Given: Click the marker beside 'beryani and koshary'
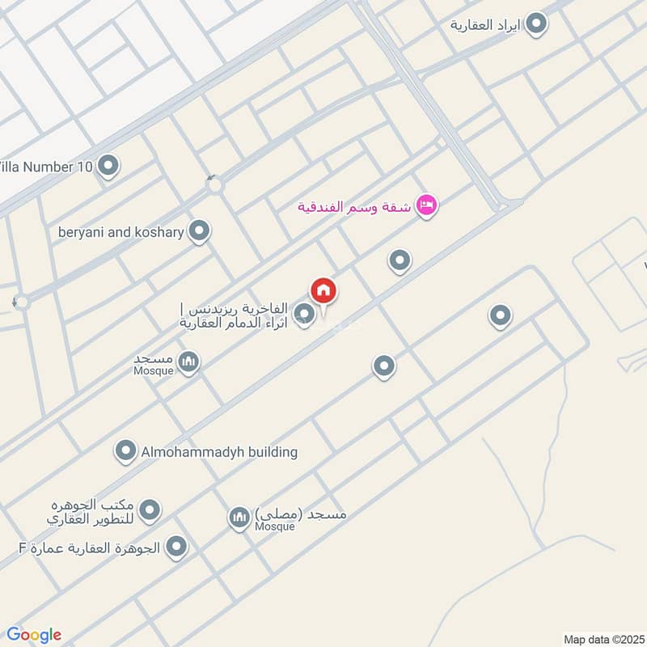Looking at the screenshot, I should click(199, 232).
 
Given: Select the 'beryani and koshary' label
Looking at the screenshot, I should click(121, 232).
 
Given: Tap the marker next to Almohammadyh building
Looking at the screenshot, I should click(125, 451).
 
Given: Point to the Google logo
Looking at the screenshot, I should click(34, 634).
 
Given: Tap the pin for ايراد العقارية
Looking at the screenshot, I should click(535, 25).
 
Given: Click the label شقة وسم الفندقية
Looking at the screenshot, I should click(354, 206).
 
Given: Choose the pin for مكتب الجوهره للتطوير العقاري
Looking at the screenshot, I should click(149, 510).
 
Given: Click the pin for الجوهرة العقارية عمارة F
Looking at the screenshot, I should click(175, 548).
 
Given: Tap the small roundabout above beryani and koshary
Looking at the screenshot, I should click(214, 186).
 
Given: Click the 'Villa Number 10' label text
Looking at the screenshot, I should click(47, 167).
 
